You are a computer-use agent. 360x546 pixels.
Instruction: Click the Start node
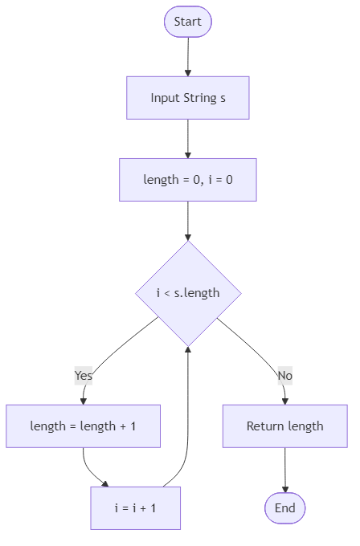(x=187, y=22)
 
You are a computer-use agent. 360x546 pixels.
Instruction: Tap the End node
(x=284, y=507)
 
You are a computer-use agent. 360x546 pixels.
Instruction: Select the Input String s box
(x=187, y=98)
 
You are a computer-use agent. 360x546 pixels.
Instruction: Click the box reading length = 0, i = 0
(x=187, y=180)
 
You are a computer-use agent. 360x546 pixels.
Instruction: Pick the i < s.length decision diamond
(x=187, y=293)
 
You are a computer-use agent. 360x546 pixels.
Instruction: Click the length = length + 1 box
(x=83, y=426)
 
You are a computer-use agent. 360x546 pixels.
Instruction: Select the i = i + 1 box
(x=135, y=507)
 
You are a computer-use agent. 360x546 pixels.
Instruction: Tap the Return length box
(x=284, y=426)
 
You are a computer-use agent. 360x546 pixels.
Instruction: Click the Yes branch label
(x=84, y=375)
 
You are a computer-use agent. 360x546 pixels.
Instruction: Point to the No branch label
(x=284, y=375)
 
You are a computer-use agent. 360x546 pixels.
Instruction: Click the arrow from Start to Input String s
(x=187, y=56)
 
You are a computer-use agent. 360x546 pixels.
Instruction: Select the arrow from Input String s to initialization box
(x=187, y=139)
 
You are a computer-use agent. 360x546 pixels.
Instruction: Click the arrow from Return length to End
(x=284, y=470)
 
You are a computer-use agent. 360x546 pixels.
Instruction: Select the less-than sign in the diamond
(x=166, y=293)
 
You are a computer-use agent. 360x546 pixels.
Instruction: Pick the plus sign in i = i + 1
(x=138, y=507)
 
